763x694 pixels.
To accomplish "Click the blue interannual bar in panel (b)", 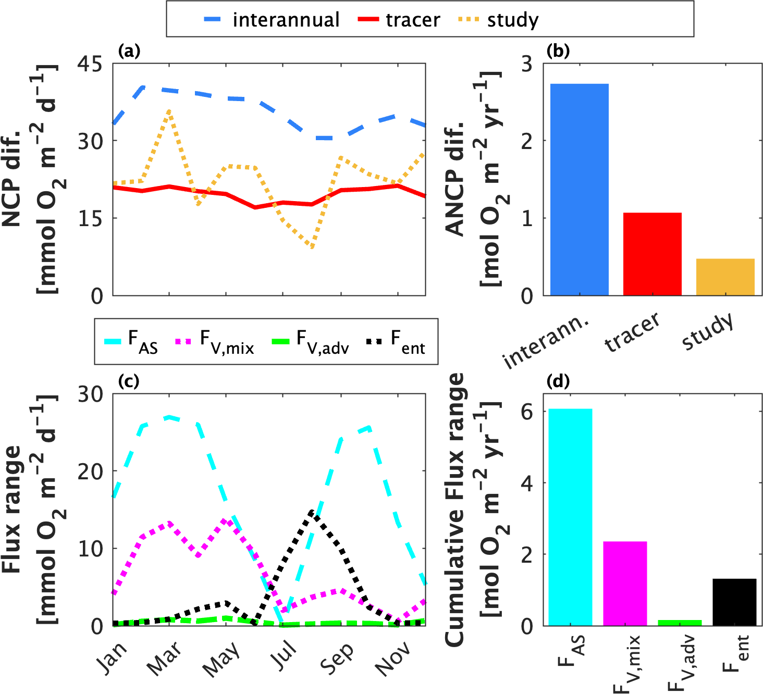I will [x=579, y=190].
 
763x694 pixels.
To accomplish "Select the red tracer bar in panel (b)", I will [x=652, y=254].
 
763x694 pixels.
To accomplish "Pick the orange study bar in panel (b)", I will [x=725, y=277].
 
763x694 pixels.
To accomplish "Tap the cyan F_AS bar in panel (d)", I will [x=570, y=517].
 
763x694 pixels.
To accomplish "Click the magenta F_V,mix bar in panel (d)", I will [x=625, y=583].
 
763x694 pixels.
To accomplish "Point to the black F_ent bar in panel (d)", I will [x=734, y=602].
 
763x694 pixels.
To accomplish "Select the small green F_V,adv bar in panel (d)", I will [x=680, y=623].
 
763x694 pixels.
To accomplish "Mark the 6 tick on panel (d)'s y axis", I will [x=527, y=412].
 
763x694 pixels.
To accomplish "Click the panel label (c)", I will [x=128, y=381].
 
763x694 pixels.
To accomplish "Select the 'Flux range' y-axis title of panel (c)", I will [x=11, y=509].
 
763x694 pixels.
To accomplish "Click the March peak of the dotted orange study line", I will [x=169, y=111].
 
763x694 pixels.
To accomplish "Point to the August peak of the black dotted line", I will [x=312, y=512].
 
